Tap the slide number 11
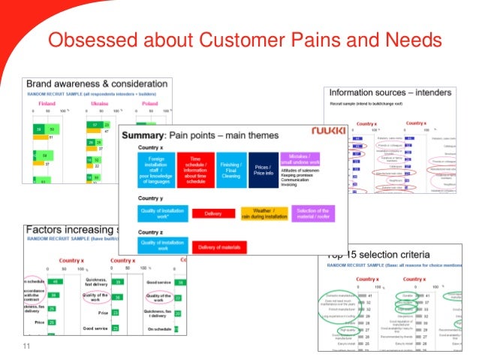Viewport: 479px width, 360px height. [28, 346]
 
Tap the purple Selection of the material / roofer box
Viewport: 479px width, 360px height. [313, 213]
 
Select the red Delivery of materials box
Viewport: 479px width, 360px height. [218, 246]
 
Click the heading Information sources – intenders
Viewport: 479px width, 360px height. [391, 93]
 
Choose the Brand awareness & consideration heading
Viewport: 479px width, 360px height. [96, 83]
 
